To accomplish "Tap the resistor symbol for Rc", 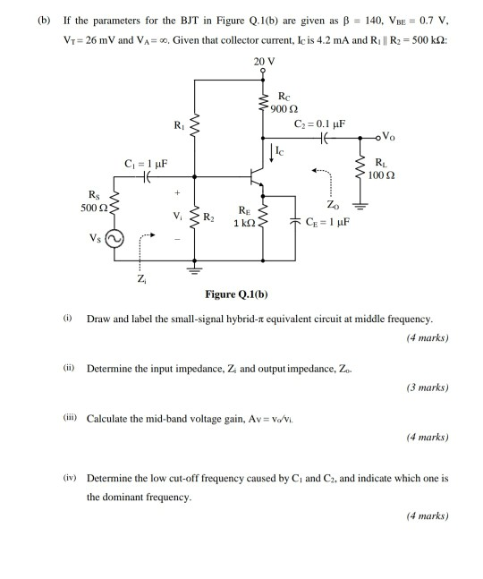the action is coord(265,104).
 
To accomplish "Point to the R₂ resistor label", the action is coord(208,217).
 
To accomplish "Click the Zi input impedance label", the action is coord(140,279).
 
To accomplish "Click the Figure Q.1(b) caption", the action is coord(236,294).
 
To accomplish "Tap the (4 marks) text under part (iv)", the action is coord(426,515).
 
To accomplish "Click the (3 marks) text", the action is coord(426,387).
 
